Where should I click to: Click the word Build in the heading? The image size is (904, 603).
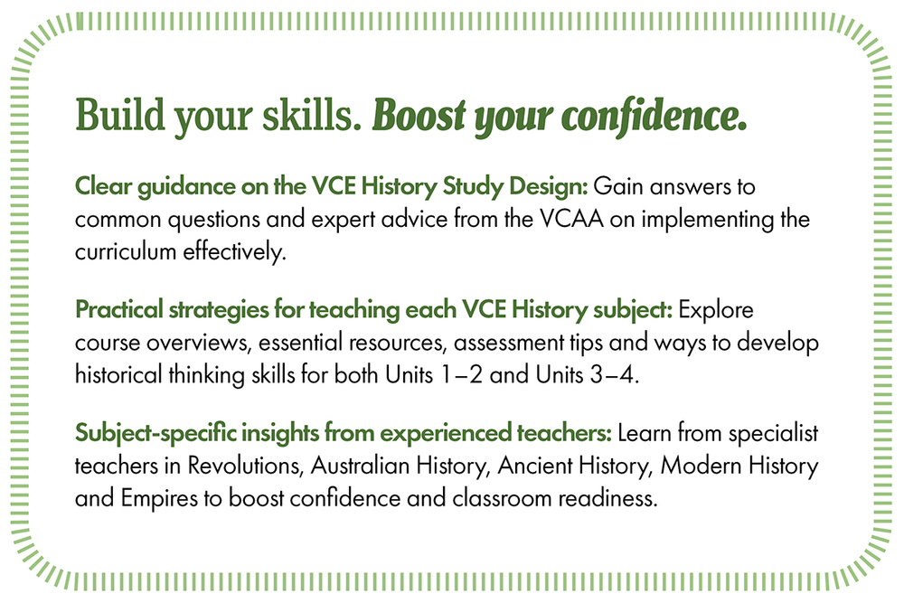coord(120,115)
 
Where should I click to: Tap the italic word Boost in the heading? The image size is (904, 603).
coord(419,116)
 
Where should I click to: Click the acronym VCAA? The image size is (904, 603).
coord(572,219)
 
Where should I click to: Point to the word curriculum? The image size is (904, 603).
coord(126,252)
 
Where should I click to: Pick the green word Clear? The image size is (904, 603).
coord(104,186)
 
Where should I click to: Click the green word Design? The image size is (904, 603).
coord(550,187)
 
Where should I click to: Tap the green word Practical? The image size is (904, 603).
coord(119,309)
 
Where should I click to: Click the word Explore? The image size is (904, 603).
coord(716,310)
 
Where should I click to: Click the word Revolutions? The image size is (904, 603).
coord(246,466)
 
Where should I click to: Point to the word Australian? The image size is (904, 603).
coord(361,466)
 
